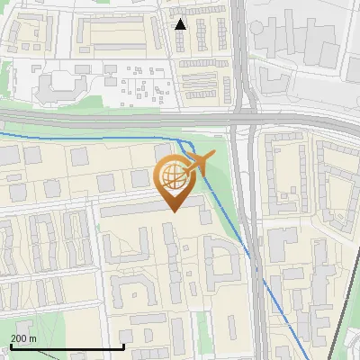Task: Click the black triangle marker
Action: point(181,24)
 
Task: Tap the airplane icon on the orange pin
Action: point(200,164)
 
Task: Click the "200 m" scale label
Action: point(23,337)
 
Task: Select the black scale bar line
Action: point(67,346)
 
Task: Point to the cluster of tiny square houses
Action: point(144,85)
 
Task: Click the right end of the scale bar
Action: point(123,346)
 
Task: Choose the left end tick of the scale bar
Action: point(12,346)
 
